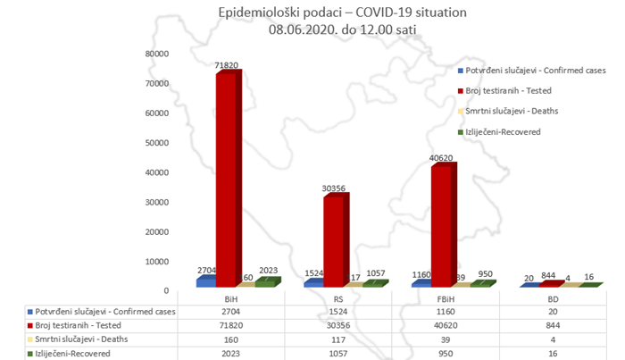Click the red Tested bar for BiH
(x=226, y=179)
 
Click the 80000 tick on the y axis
(x=158, y=54)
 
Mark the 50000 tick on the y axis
(x=158, y=143)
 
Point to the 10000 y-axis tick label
(x=158, y=262)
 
